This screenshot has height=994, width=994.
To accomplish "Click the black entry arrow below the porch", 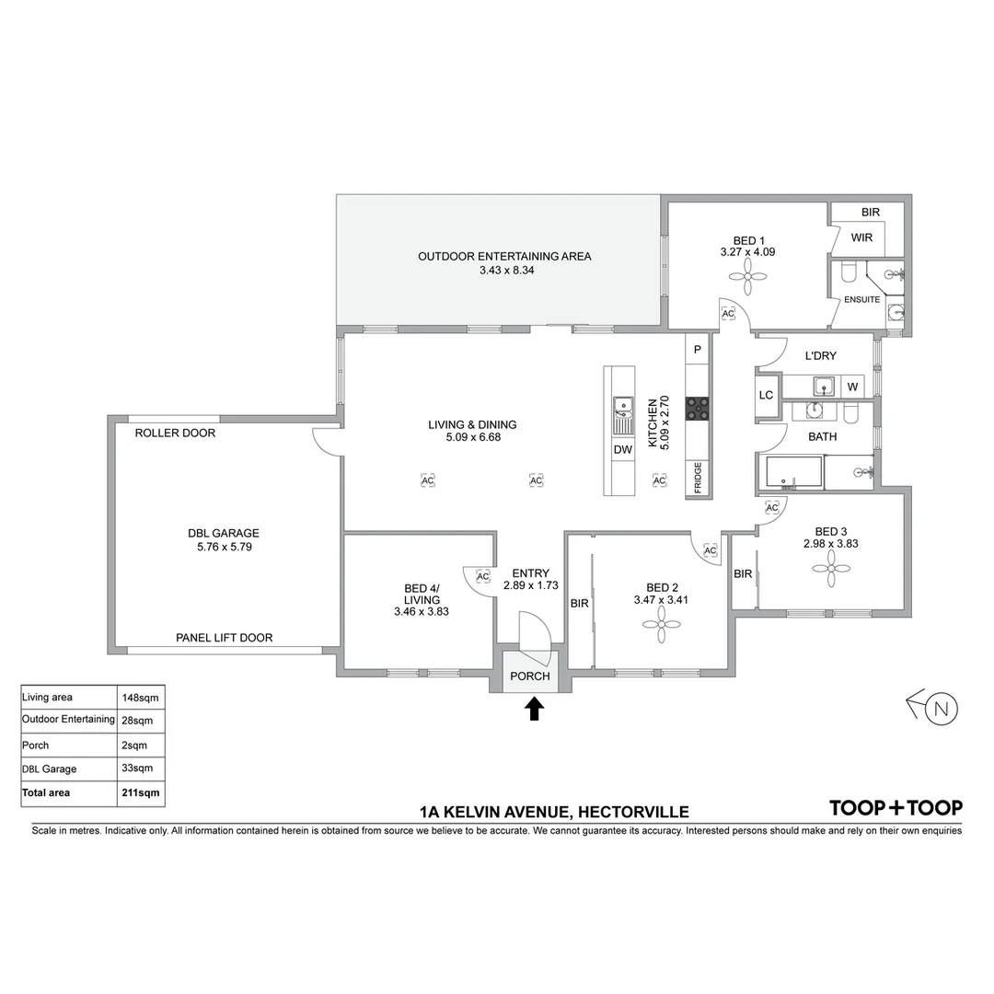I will click(x=534, y=709).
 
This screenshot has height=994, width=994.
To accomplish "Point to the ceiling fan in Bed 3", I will click(x=830, y=572).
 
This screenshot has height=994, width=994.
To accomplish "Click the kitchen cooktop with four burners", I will click(x=697, y=408).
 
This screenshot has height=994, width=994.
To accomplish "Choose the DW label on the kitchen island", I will click(x=621, y=450).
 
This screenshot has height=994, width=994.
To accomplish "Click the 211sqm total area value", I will click(x=137, y=792).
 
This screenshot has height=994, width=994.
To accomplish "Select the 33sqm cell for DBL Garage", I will click(x=137, y=769).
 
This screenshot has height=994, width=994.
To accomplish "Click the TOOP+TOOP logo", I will click(x=896, y=808).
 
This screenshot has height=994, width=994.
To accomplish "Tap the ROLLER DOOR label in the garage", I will click(x=175, y=433).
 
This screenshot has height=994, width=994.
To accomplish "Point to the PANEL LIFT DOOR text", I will click(x=225, y=638).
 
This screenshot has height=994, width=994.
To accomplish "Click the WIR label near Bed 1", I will click(x=861, y=237).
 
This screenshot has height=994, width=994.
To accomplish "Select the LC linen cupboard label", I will click(x=766, y=395).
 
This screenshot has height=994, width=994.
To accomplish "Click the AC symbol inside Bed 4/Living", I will click(x=483, y=576).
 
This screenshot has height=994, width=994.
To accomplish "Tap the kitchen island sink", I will click(x=622, y=405).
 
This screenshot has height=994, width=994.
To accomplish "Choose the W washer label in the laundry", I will click(x=852, y=387).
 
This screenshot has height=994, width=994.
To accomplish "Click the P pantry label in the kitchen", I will click(x=697, y=350).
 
